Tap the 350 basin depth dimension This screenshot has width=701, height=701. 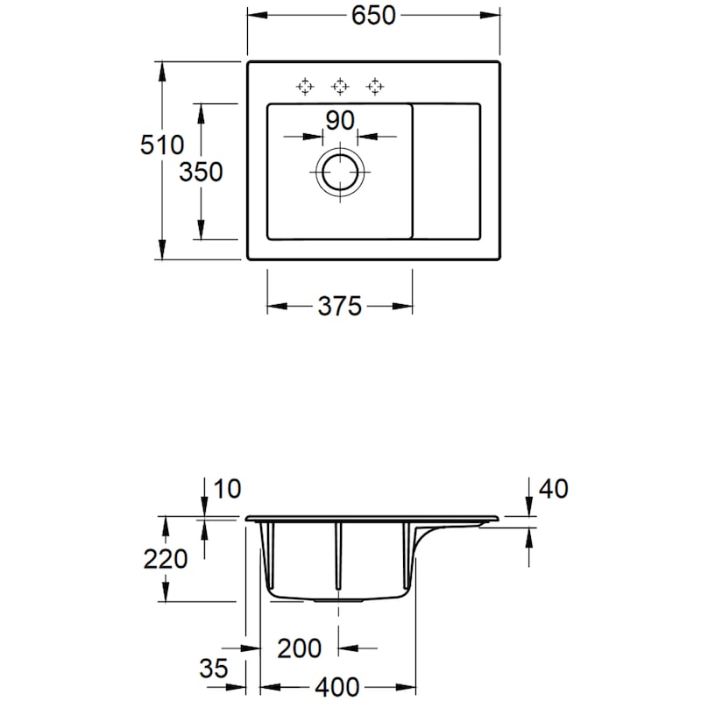201,172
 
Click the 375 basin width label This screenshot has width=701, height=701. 339,306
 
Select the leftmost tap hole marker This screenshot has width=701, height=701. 304,86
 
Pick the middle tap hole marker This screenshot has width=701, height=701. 339,86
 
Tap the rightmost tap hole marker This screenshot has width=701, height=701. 374,86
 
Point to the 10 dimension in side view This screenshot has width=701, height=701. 226,488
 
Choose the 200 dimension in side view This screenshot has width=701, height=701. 300,648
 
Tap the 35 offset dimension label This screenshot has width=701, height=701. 214,669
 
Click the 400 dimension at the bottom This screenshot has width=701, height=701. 337,684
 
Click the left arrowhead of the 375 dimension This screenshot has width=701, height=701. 273,306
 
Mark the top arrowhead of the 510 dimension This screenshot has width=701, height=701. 162,69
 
